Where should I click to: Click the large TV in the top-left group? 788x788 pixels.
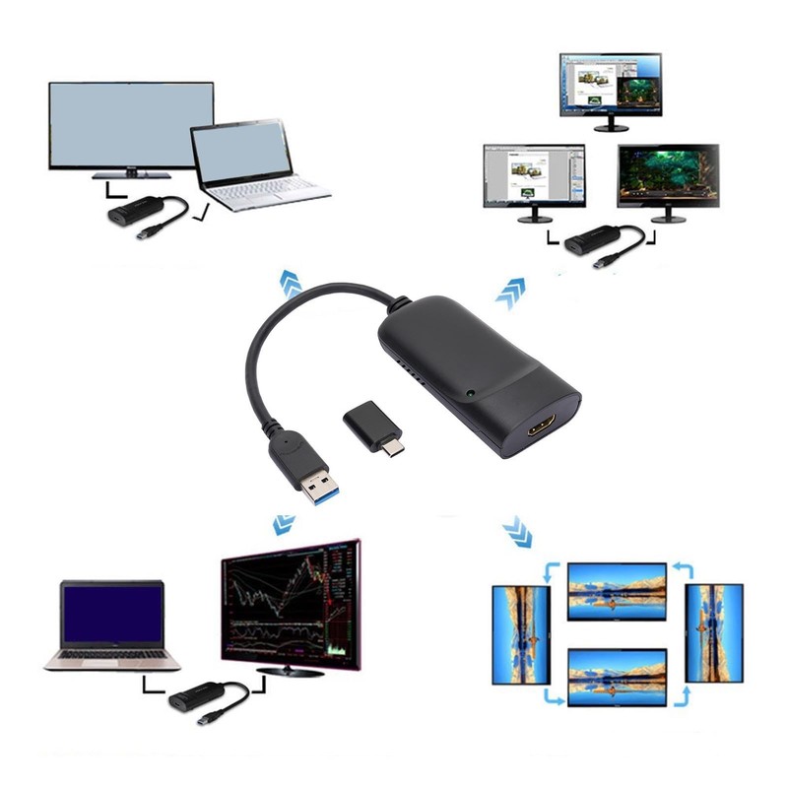point(130,126)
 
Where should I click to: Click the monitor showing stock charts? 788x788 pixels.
point(291,601)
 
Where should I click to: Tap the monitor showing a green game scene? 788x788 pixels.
point(667,177)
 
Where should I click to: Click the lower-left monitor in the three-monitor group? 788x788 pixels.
point(533,177)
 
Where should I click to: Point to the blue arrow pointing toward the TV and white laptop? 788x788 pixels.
point(291,284)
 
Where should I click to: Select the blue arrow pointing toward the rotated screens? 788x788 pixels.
point(517,532)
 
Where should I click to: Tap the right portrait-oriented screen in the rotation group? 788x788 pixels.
point(715,631)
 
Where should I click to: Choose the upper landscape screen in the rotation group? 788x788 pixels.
point(618,590)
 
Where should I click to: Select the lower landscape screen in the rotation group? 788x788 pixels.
point(618,676)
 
